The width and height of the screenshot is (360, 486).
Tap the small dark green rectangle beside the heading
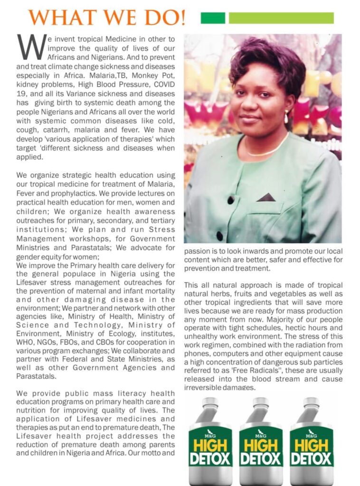(x=213, y=18)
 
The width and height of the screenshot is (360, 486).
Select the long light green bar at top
(x=281, y=18)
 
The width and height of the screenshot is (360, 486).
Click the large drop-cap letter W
(x=32, y=47)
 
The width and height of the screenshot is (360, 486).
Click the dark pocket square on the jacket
(x=266, y=197)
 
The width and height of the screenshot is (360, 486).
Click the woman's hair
(x=266, y=66)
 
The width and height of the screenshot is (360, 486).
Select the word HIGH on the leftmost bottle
(x=210, y=445)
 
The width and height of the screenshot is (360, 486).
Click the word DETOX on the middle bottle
(x=261, y=459)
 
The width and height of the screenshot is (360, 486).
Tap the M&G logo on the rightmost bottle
(x=312, y=433)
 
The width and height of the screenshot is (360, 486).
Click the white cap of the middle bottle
(x=261, y=402)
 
